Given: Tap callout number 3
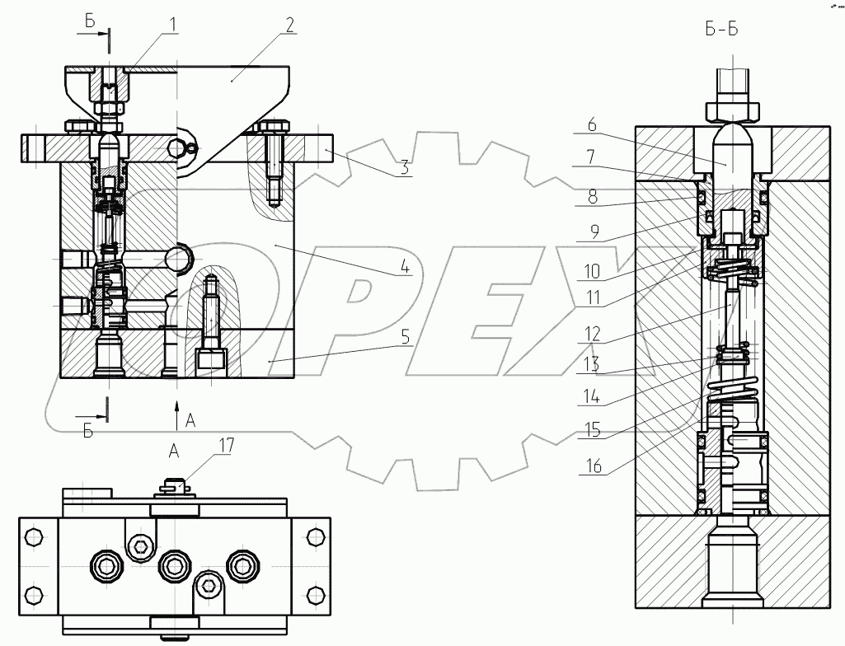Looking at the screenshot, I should click(x=405, y=168).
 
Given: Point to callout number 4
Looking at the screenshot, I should click(x=405, y=268).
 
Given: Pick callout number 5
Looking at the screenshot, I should click(x=404, y=337).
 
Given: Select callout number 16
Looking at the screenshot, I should click(x=590, y=467).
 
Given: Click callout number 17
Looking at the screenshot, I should click(x=225, y=446).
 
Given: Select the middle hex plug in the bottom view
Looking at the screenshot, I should click(x=172, y=564).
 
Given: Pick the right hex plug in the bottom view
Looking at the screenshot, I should click(x=241, y=564).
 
